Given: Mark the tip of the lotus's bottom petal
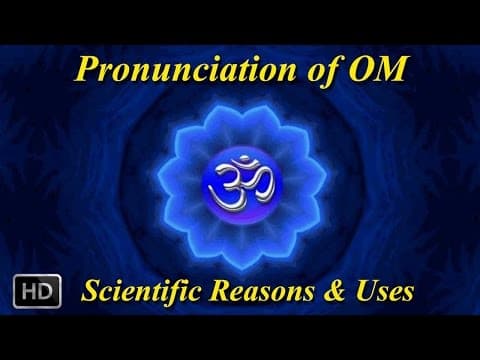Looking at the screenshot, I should [240, 258].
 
